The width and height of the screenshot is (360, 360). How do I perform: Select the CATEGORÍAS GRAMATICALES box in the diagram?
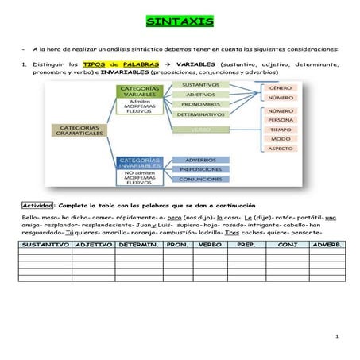79,130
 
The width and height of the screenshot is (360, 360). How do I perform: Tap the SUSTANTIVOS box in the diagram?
201,83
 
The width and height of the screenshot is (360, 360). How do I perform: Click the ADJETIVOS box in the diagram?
201,94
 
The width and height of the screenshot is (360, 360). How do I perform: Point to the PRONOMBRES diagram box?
201,104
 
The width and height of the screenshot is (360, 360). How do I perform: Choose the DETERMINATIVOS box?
201,114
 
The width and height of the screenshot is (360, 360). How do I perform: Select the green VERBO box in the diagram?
201,129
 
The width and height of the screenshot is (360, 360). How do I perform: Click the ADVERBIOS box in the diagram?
200,160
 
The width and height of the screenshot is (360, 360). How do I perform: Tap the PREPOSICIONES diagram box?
200,169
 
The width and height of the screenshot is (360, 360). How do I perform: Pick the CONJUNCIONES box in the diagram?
200,180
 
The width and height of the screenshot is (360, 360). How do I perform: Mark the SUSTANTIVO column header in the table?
45,246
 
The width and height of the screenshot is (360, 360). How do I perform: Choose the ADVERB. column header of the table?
327,246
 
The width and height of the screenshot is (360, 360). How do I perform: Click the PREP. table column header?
246,246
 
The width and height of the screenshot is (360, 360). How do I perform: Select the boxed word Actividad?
37,205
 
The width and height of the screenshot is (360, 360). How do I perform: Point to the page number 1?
337,337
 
